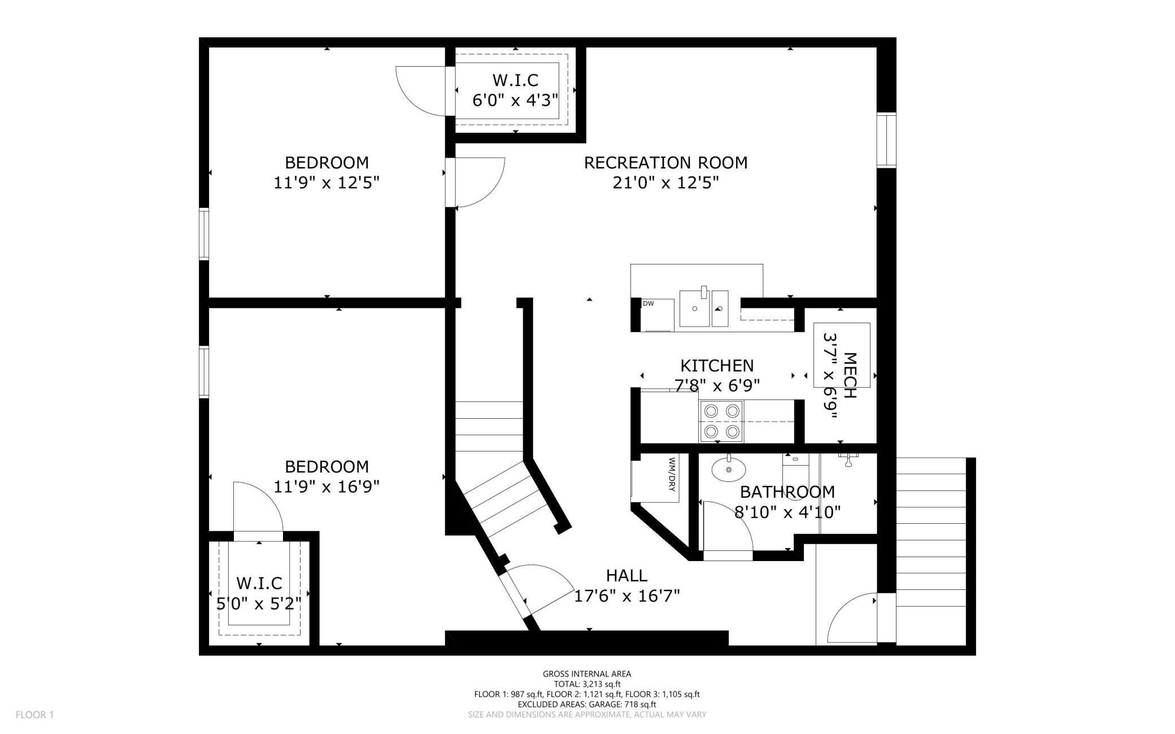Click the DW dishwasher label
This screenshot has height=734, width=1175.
(x=649, y=304)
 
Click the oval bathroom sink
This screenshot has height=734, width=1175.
(x=728, y=470)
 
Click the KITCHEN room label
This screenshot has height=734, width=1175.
(x=716, y=366)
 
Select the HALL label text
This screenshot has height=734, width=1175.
(x=626, y=576)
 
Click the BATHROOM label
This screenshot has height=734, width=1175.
(x=787, y=492)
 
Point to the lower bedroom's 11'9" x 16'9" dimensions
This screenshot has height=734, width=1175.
(x=327, y=487)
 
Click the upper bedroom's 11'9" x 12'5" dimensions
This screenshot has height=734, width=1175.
(x=327, y=183)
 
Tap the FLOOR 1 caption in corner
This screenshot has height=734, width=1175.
(x=34, y=715)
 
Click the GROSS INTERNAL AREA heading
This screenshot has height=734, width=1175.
(x=587, y=674)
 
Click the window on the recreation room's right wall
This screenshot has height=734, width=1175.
(x=886, y=140)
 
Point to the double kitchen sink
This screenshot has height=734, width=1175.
(x=704, y=308)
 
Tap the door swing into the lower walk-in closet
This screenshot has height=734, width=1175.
(x=257, y=507)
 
